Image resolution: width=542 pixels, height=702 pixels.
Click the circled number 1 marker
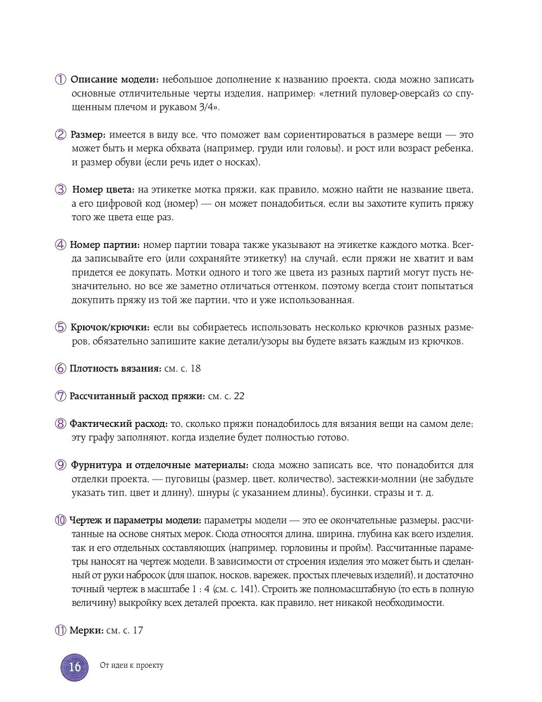coord(60,79)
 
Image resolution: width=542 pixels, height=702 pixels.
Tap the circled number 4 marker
coord(60,245)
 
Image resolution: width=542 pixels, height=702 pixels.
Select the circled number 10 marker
coord(60,520)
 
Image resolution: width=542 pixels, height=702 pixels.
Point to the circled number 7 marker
coord(60,396)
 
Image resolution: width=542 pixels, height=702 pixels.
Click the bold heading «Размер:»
coord(88,135)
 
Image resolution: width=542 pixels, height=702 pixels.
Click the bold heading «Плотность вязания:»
coord(115,369)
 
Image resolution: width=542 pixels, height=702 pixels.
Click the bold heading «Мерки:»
coord(86,630)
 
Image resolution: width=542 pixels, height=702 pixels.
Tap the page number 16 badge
coord(74,666)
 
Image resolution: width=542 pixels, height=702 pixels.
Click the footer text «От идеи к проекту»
coord(132,666)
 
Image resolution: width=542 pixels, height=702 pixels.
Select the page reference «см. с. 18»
coord(183,369)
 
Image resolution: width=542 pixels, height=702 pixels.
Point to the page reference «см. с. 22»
coord(226,396)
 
